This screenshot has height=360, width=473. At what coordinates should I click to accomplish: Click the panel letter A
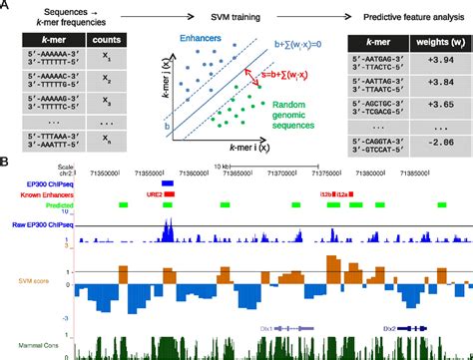8,7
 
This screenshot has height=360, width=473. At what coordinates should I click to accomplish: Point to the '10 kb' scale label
226,166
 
